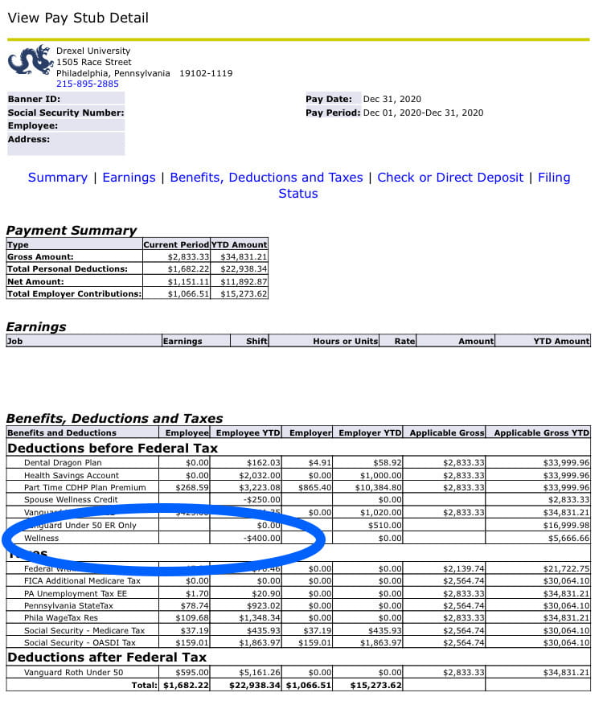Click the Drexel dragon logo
(x=29, y=61)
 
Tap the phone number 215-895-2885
(x=87, y=84)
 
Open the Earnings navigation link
(x=129, y=178)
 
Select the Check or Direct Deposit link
(x=450, y=178)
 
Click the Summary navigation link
(x=57, y=178)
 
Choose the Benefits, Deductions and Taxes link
(x=266, y=178)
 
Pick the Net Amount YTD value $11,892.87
(x=239, y=281)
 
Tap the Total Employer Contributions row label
(x=73, y=293)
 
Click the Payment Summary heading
(x=72, y=231)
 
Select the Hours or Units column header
(x=345, y=341)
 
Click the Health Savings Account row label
(x=72, y=475)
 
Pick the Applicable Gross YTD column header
(x=541, y=432)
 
